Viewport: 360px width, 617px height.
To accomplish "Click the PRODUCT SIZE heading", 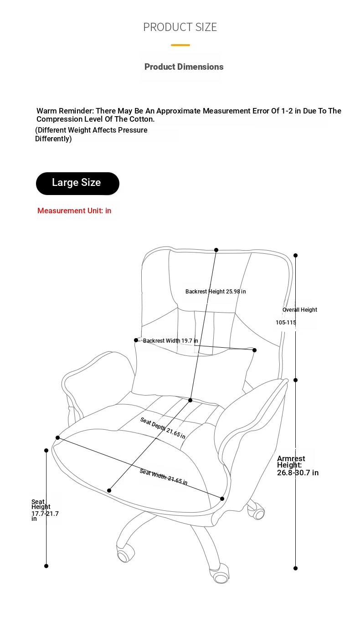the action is coord(180,27).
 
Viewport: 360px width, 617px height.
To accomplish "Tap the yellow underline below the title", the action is coord(180,45).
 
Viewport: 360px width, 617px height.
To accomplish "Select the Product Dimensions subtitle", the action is coord(184,67).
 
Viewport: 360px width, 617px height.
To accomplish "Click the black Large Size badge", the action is coord(77,184).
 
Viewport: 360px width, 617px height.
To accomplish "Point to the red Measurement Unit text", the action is coord(74,211).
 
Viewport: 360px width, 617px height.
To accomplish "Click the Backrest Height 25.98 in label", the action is coord(216,292).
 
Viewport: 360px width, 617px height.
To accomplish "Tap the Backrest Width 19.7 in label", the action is coord(170,341).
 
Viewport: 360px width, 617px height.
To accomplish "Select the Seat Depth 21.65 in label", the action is coord(163,428).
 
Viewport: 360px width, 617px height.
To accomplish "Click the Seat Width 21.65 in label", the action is coord(164,477).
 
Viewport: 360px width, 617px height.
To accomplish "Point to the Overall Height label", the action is coord(300,309).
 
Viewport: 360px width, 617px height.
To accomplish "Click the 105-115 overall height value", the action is coord(286,323).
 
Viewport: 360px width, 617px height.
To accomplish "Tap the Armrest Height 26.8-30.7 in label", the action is coord(298,466).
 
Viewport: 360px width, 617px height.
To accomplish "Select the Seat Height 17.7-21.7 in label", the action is coord(45,510).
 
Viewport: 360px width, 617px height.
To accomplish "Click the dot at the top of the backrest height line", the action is coord(216,250).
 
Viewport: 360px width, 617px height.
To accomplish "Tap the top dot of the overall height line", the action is coord(296,255).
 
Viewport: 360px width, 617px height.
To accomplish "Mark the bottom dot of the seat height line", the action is coord(46,566).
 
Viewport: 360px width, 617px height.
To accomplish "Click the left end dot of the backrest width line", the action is coord(136,340).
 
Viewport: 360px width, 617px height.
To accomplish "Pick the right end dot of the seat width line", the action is coord(222,499).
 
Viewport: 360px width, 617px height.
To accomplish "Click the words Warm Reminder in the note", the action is coord(65,111).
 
